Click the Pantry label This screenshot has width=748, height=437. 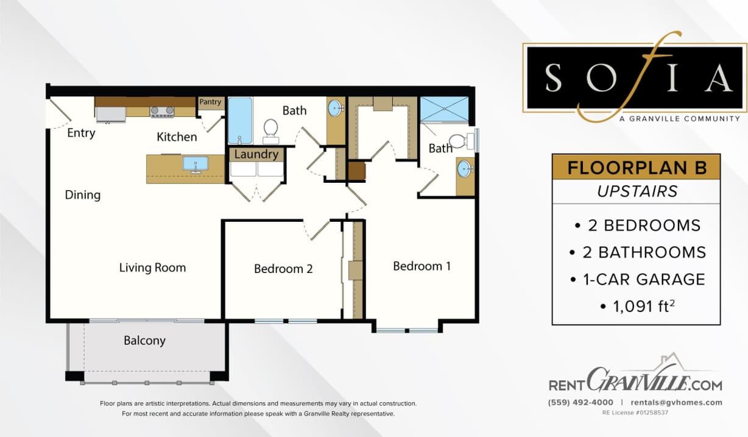211,102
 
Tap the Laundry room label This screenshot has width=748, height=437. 256,154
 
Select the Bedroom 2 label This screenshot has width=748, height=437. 283,268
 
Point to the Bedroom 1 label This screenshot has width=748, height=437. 422,266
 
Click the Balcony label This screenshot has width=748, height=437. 144,340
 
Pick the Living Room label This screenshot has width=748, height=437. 152,268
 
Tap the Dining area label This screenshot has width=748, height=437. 83,195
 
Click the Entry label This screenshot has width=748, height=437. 81,133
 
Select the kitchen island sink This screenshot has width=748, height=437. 196,164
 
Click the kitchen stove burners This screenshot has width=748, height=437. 163,112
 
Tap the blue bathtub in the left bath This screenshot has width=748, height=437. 240,120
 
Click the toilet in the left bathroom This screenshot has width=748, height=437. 270,130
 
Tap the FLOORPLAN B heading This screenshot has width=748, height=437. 636,167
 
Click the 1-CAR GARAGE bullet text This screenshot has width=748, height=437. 637,279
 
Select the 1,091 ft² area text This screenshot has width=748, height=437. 637,306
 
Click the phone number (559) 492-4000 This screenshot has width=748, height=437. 580,402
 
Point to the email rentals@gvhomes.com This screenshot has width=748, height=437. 676,402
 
